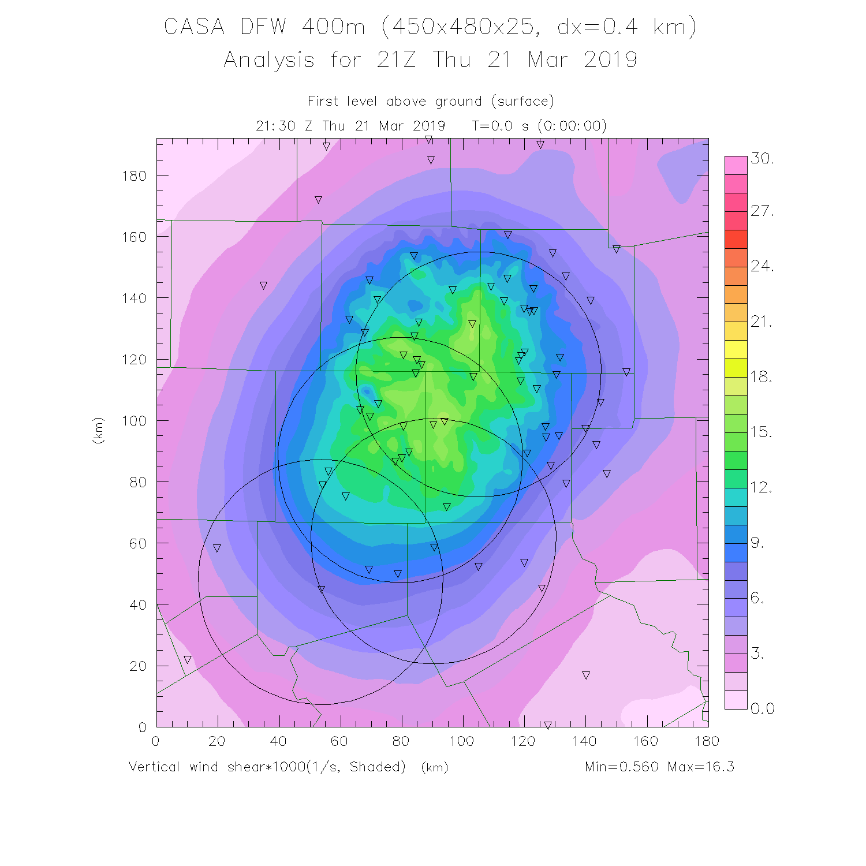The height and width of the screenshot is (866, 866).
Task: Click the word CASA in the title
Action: (194, 27)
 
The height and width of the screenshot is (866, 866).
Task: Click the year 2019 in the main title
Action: (610, 59)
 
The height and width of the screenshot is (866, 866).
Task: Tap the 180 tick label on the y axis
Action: (134, 176)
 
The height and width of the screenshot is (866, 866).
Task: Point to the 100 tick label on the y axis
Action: (134, 420)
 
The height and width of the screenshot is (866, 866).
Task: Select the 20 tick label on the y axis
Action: (138, 666)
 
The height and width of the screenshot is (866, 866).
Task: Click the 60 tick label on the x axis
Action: (339, 741)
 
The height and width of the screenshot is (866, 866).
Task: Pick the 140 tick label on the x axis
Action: (584, 741)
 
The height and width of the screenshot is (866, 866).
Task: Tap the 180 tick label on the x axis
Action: (707, 741)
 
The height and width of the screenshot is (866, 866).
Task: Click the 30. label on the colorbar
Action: (762, 158)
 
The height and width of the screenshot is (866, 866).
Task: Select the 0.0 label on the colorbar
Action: (763, 708)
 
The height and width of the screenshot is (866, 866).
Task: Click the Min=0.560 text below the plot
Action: (622, 767)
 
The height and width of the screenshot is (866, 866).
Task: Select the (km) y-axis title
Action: (98, 430)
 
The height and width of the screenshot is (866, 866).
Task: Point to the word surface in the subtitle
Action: (523, 102)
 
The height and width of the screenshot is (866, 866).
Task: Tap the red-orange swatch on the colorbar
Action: (736, 239)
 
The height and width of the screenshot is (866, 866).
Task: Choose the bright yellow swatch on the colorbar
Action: (736, 350)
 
